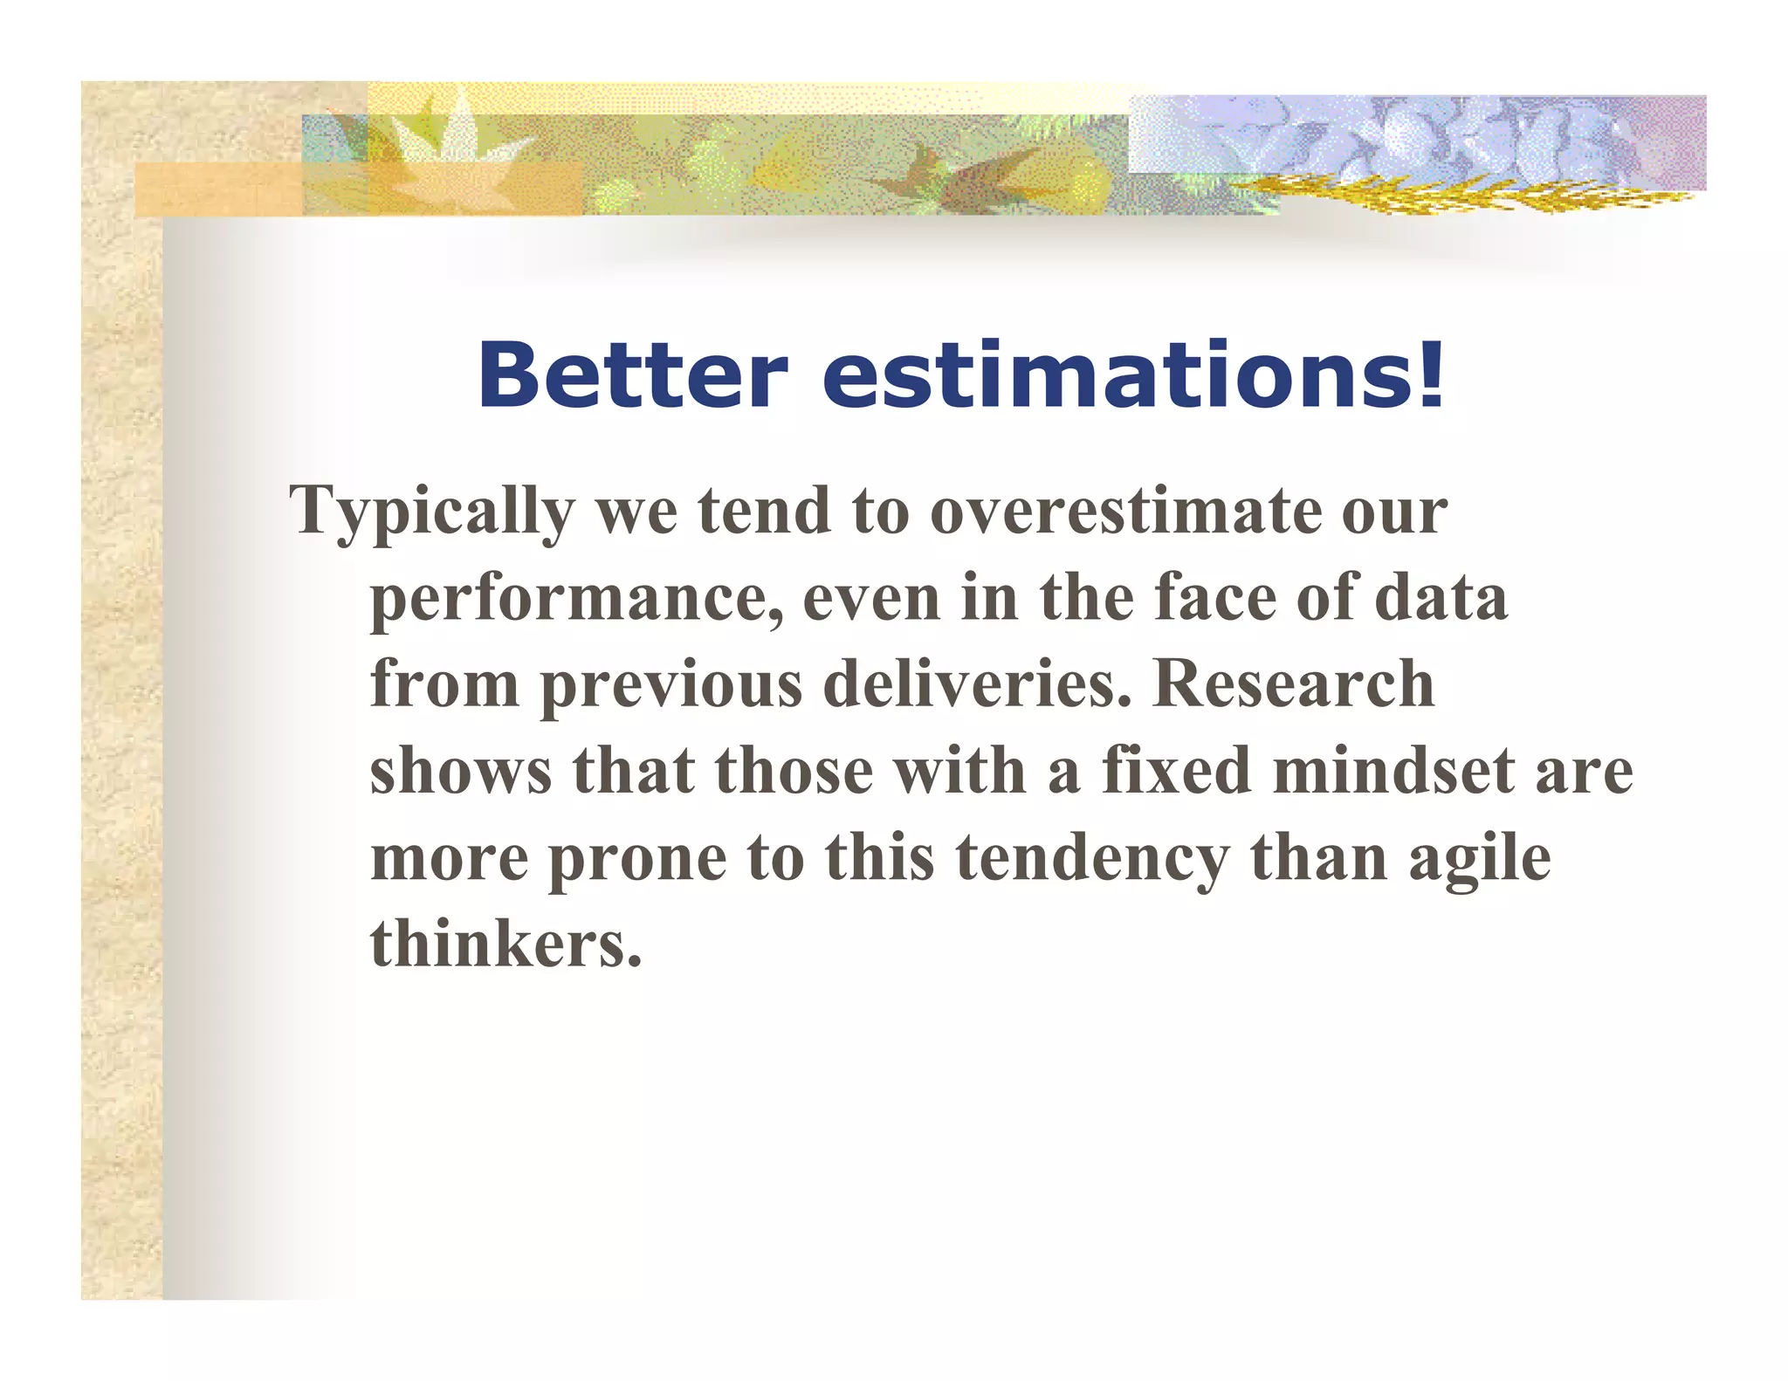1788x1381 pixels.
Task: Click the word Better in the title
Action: pos(632,375)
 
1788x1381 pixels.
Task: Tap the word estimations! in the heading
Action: pos(1134,375)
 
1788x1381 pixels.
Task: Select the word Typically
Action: pos(431,512)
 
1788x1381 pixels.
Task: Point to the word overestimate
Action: pos(1125,511)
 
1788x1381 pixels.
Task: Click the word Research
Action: pos(1293,684)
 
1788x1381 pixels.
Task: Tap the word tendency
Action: pos(1092,860)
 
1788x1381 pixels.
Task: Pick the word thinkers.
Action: pos(505,944)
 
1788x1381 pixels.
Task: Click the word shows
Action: pos(460,771)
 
